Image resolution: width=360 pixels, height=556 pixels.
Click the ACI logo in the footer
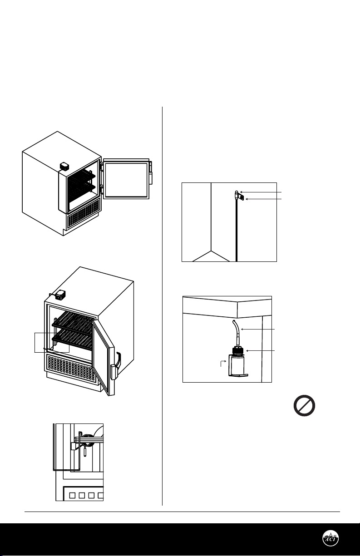tap(330, 538)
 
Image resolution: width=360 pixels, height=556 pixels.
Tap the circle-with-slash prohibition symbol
tap(304, 406)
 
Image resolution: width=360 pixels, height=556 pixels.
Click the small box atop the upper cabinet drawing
tap(64, 166)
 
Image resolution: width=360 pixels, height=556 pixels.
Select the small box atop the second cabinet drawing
tap(60, 295)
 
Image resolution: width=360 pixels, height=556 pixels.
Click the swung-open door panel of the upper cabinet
tap(126, 179)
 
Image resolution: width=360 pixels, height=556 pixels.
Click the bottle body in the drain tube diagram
tap(237, 365)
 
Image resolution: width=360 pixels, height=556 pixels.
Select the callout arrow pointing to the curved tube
tap(258, 329)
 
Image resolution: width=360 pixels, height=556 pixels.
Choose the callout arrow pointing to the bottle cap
tap(260, 351)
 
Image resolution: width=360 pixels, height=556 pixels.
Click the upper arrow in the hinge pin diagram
tap(261, 192)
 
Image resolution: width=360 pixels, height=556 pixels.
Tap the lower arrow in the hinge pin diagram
tap(263, 199)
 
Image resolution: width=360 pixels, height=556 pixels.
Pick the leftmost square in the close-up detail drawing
tap(72, 496)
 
